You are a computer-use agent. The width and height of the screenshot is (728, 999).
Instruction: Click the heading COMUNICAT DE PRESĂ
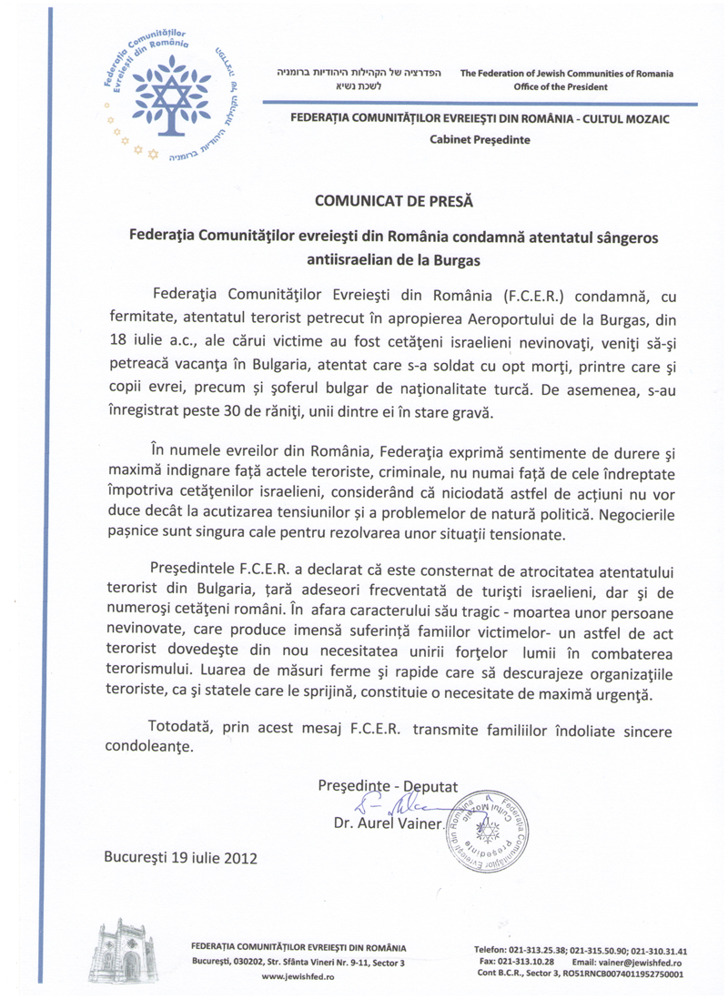[381, 196]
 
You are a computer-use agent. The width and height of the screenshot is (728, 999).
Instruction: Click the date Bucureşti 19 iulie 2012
[182, 857]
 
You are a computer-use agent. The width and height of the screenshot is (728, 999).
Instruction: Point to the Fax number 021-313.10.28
[514, 962]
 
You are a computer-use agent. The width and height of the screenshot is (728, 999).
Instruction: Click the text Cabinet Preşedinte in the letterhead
[479, 140]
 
